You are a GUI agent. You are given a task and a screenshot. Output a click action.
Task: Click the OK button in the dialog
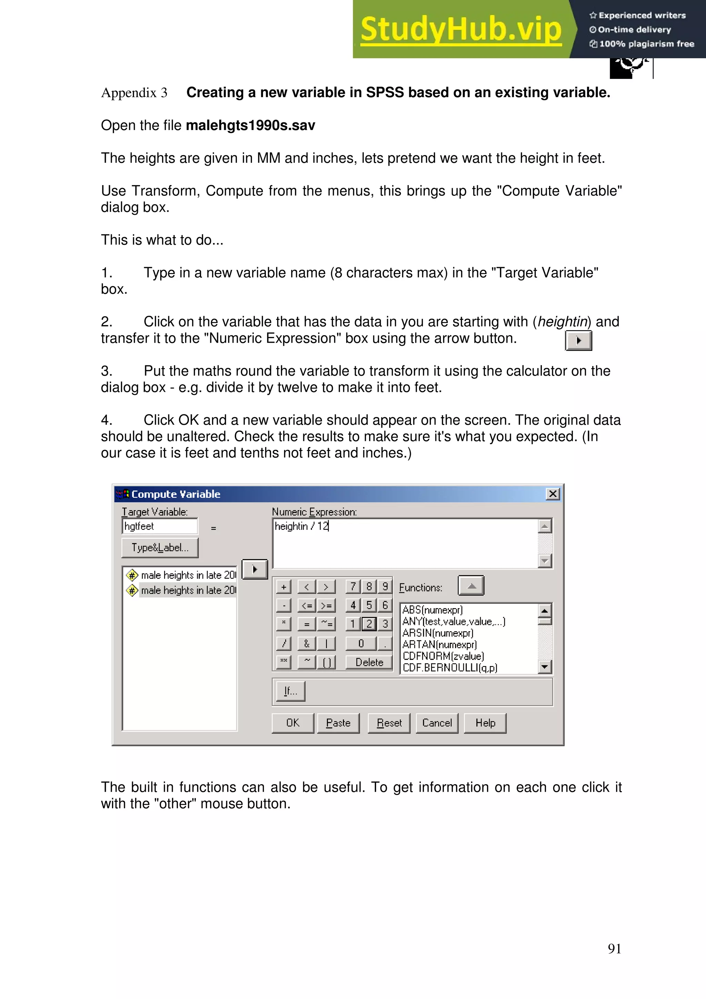[x=292, y=723]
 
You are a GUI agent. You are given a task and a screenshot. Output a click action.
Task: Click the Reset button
[x=389, y=723]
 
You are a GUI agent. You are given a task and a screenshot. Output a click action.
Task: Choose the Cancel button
[x=437, y=723]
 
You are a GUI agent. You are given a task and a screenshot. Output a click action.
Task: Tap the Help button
[x=485, y=723]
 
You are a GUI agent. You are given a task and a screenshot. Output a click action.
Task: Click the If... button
[x=290, y=691]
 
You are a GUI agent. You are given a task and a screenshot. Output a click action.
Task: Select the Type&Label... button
[x=160, y=548]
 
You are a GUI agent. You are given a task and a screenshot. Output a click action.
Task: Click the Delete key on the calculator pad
[x=369, y=662]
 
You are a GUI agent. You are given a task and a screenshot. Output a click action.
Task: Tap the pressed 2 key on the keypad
[x=369, y=624]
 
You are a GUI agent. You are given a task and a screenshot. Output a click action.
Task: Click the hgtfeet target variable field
[x=160, y=526]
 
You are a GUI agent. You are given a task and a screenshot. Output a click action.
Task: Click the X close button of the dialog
[x=553, y=494]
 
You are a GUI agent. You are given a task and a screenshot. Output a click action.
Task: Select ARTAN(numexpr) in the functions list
[x=439, y=644]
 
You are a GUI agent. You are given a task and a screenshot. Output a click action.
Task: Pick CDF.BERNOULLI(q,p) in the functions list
[x=450, y=667]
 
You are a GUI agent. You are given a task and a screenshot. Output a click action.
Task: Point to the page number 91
[x=614, y=949]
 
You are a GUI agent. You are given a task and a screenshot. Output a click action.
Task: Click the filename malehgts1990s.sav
[x=250, y=125]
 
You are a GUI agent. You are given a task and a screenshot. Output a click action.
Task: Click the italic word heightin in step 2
[x=562, y=322]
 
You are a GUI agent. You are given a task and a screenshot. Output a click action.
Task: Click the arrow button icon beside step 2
[x=578, y=340]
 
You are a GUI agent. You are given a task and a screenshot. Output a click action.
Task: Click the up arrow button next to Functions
[x=471, y=586]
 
